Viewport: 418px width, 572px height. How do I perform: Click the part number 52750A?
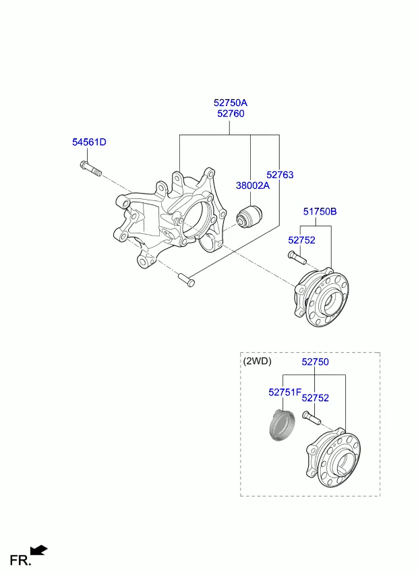231,103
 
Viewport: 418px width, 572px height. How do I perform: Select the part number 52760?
231,113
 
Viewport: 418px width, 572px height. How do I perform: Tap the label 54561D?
90,142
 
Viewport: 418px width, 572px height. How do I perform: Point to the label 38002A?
253,185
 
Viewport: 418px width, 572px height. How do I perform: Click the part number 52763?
280,175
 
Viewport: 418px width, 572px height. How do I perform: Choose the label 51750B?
320,211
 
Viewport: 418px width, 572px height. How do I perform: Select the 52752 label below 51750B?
301,240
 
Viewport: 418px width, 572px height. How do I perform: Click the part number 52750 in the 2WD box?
315,362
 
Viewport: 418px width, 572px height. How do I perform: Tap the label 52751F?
285,392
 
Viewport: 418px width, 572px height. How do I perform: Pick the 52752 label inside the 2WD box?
315,398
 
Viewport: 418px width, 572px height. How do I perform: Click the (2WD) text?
257,361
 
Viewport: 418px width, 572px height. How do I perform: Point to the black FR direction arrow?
38,550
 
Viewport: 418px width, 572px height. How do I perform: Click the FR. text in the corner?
20,560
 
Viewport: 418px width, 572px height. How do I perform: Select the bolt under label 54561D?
90,169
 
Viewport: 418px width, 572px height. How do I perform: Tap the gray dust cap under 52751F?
282,425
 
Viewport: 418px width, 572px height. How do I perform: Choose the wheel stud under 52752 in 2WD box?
311,418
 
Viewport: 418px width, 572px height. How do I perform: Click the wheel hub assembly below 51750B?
322,297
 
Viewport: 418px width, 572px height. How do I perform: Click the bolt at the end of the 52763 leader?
186,280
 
